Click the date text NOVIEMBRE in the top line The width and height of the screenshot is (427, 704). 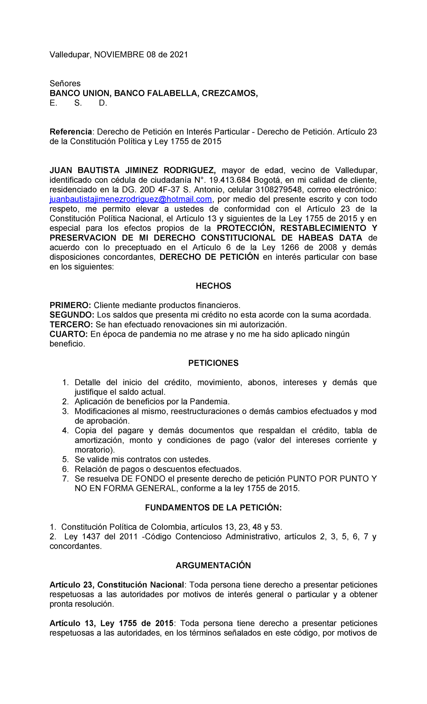[x=119, y=55]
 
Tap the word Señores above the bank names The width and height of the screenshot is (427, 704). [x=65, y=83]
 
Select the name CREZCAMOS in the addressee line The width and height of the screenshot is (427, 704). [x=230, y=93]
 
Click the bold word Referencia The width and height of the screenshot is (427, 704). [x=70, y=132]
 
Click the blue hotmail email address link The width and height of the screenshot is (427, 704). [x=131, y=199]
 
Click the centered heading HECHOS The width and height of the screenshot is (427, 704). [x=213, y=286]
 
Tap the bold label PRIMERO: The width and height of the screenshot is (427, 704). [x=70, y=305]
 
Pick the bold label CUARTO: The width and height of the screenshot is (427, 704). [x=69, y=334]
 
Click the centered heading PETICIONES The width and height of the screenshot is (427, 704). [x=213, y=363]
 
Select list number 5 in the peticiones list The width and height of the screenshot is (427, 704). [x=65, y=459]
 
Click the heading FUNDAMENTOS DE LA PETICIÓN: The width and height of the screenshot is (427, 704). [x=213, y=508]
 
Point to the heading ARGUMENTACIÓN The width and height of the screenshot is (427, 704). [x=213, y=565]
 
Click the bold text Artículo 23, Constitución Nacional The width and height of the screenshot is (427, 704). [x=117, y=585]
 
